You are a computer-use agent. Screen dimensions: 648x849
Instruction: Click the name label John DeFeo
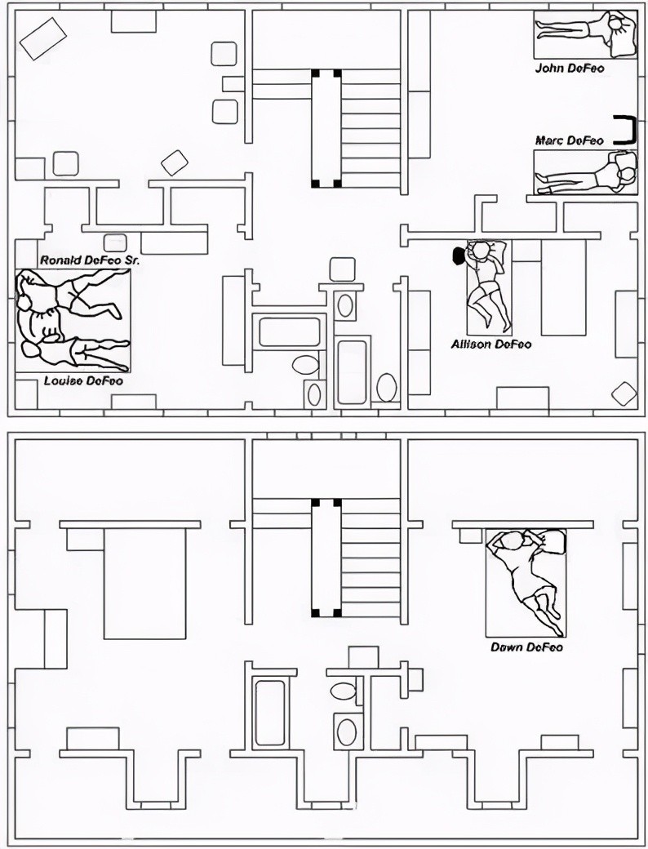click(x=570, y=69)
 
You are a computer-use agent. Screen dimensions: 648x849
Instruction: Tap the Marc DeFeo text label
click(x=570, y=140)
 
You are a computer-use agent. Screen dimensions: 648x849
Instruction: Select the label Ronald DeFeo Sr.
click(x=91, y=260)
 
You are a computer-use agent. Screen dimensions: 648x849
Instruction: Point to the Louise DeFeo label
click(x=83, y=380)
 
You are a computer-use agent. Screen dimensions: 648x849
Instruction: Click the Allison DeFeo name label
click(x=491, y=344)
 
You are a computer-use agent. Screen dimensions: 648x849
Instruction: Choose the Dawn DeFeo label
click(x=526, y=647)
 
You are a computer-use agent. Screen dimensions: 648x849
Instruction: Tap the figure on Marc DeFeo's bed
click(x=584, y=175)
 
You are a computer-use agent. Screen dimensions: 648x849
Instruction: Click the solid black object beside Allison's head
click(x=459, y=256)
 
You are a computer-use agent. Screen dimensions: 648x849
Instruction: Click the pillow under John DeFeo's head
click(x=623, y=34)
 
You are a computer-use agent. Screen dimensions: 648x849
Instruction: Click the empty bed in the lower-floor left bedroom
click(x=144, y=584)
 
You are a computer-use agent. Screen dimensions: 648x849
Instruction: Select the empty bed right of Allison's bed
click(x=564, y=287)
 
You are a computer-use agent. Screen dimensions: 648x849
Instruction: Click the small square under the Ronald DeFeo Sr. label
click(x=115, y=242)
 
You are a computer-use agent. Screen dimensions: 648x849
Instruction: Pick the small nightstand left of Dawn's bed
click(x=470, y=536)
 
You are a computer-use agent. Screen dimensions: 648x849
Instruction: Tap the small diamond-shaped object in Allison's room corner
click(x=624, y=393)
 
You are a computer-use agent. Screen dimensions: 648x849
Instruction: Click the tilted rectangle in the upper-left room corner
click(x=43, y=39)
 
